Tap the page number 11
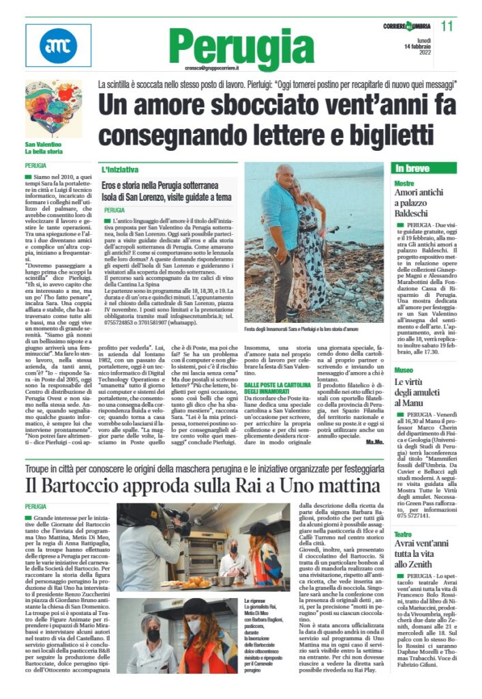[x=447, y=26]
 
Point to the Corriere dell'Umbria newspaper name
[x=407, y=26]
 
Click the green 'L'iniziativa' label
[x=120, y=169]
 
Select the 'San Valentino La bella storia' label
[x=44, y=149]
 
